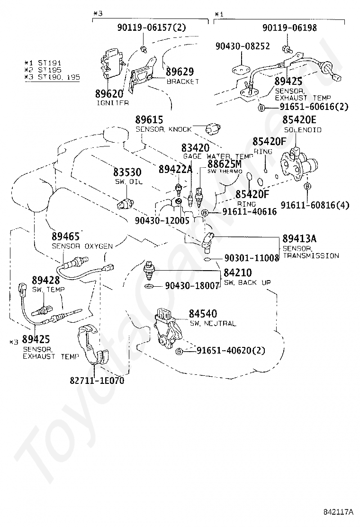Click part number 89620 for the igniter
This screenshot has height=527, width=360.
click(108, 93)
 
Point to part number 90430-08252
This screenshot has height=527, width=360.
click(243, 46)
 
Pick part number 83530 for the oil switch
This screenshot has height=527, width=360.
click(126, 173)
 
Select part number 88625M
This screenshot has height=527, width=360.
click(225, 163)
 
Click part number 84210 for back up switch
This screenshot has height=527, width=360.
click(238, 273)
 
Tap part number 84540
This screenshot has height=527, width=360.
click(203, 314)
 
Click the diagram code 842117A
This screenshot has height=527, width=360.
click(339, 512)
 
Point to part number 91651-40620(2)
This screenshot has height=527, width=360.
click(231, 351)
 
